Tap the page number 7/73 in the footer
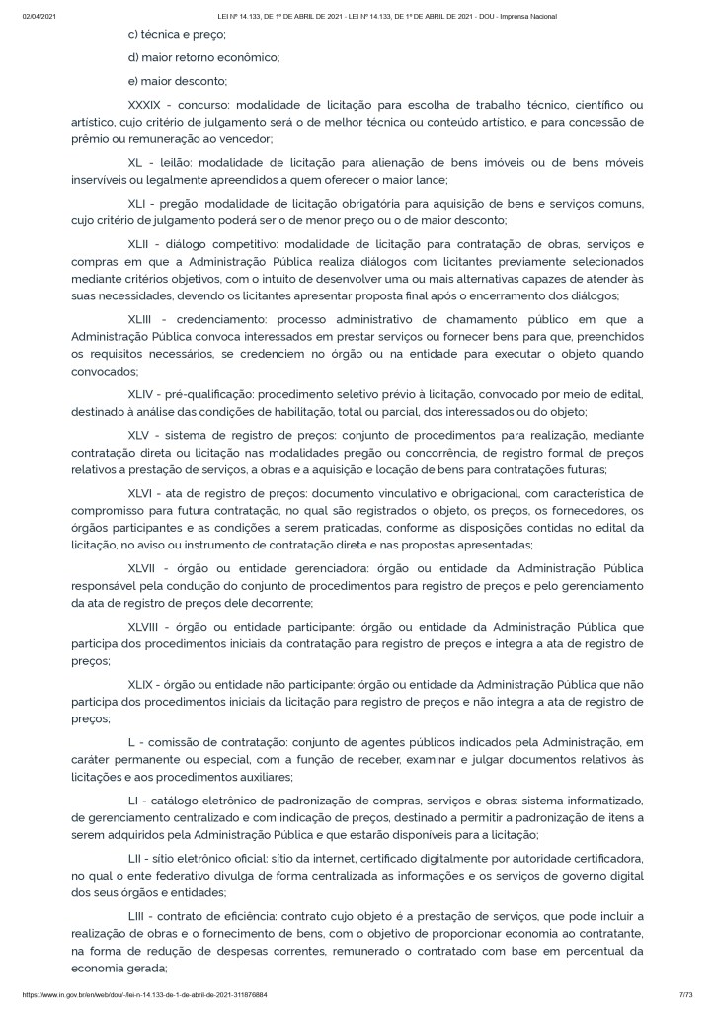click(681, 994)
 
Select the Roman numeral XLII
click(143, 243)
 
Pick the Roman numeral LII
click(138, 853)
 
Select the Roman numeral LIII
click(139, 910)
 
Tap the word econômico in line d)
click(247, 57)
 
